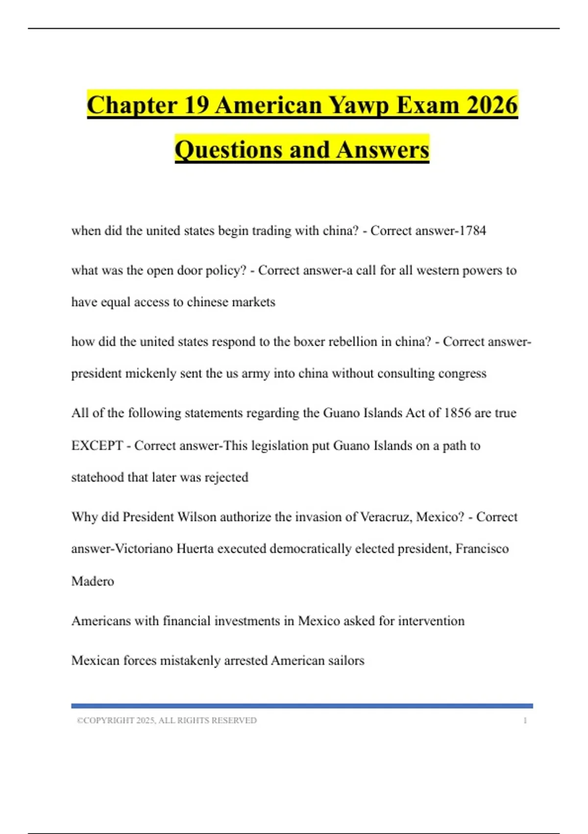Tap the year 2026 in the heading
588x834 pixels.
pyautogui.click(x=492, y=105)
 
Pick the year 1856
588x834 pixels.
pyautogui.click(x=457, y=413)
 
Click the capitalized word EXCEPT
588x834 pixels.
pyautogui.click(x=97, y=445)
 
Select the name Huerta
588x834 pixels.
pyautogui.click(x=195, y=548)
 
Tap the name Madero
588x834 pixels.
pyautogui.click(x=93, y=581)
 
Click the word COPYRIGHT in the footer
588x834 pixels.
pyautogui.click(x=108, y=721)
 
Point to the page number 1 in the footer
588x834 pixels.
pyautogui.click(x=525, y=721)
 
